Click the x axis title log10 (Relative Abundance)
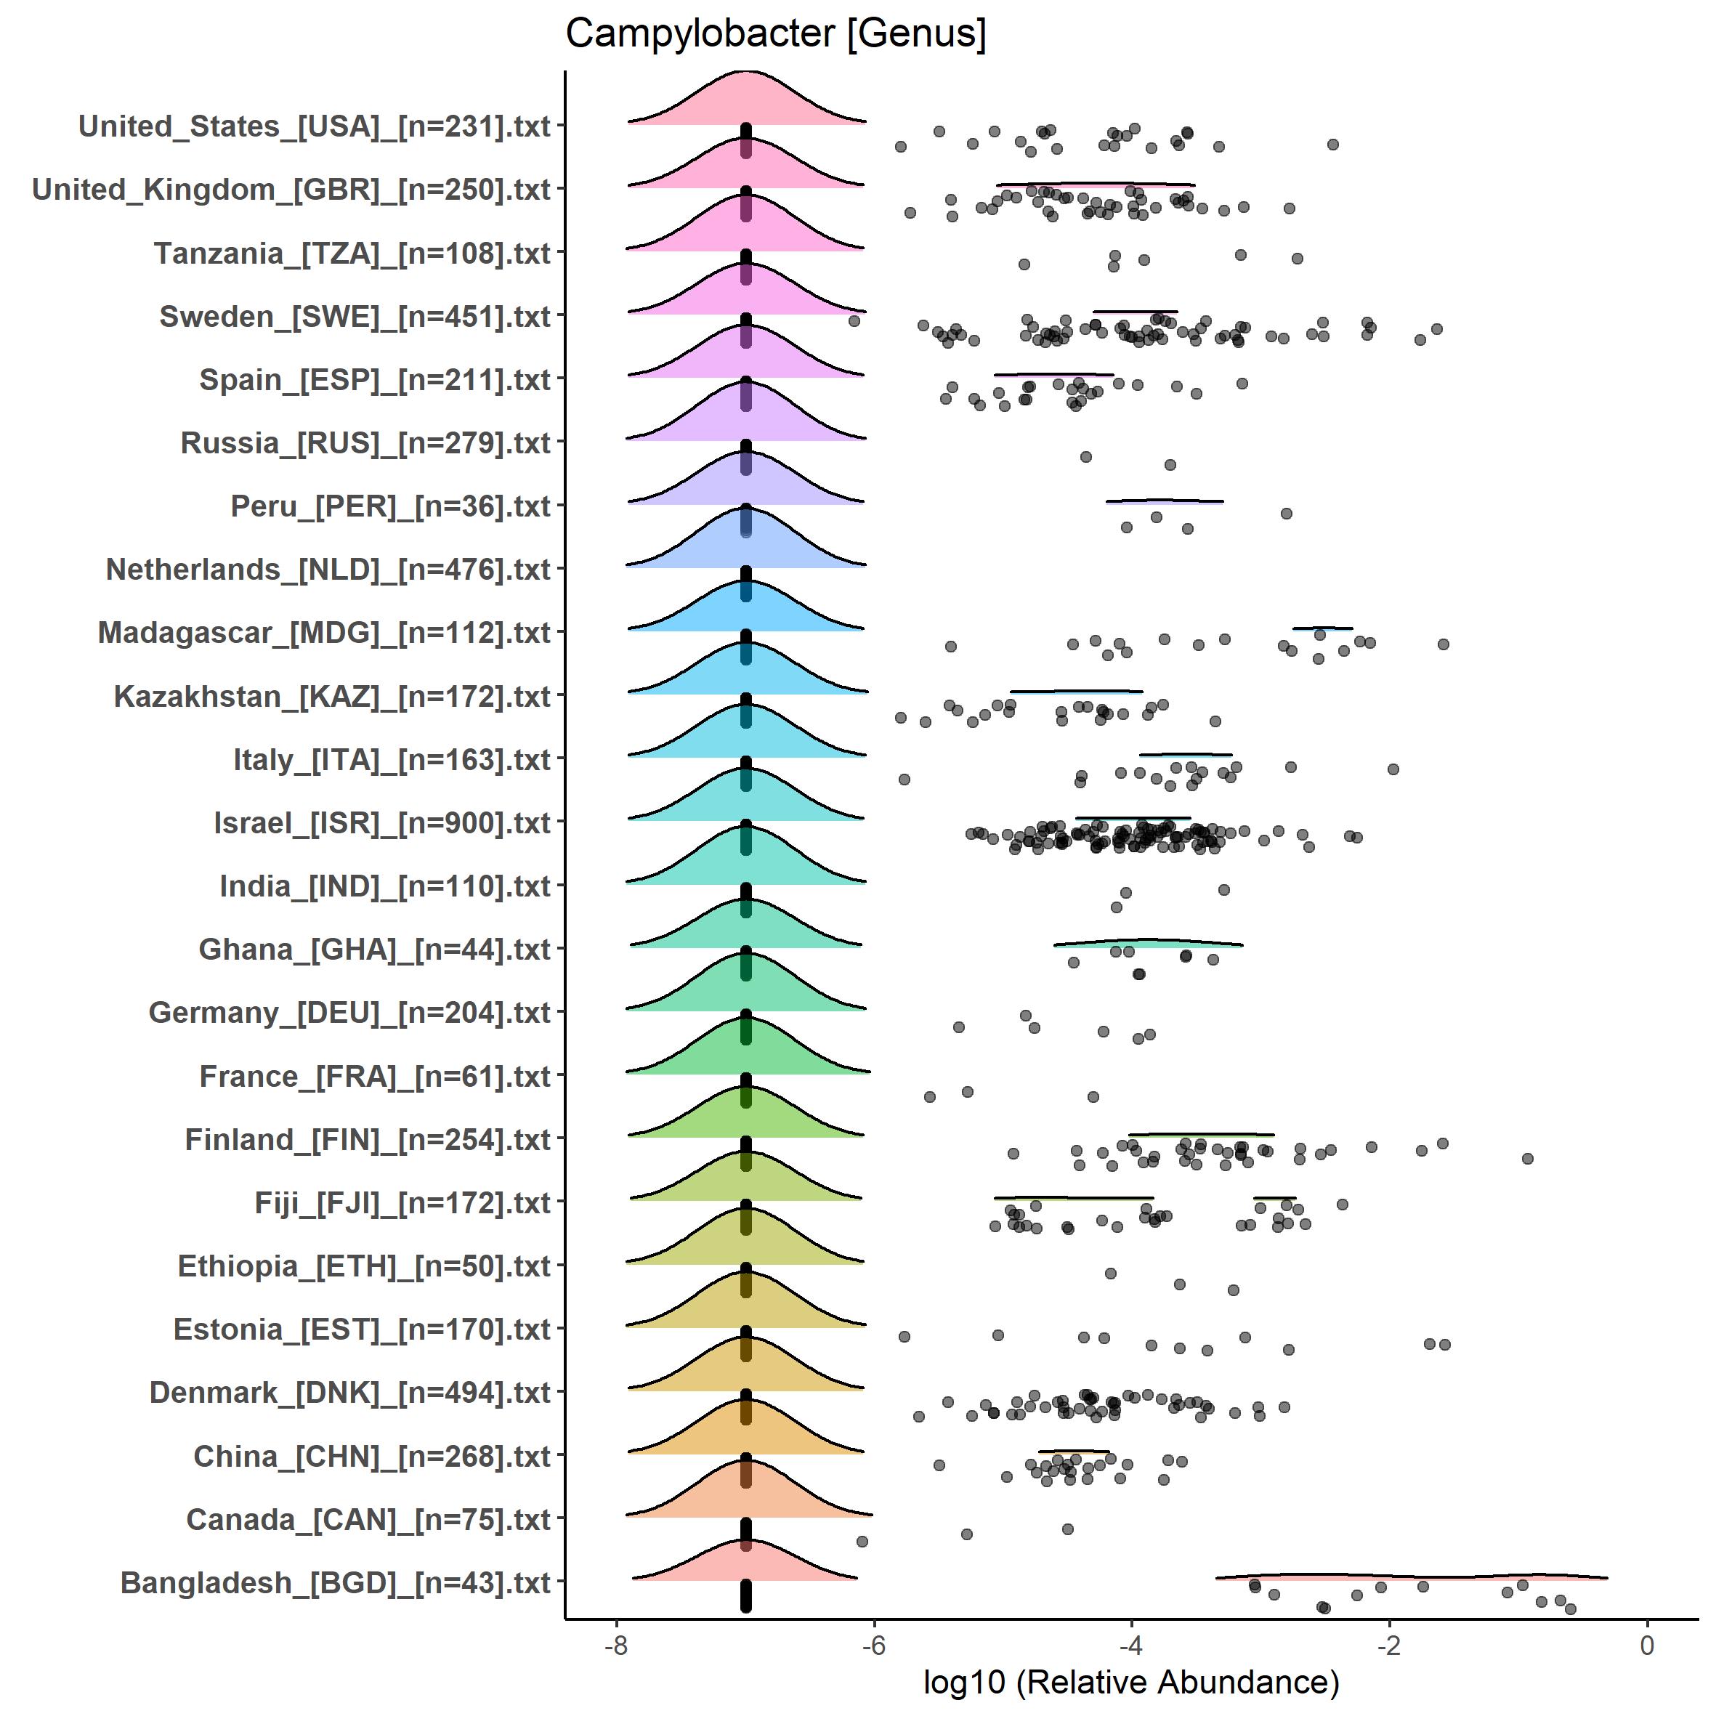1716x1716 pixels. click(1130, 1681)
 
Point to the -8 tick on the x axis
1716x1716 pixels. click(615, 1645)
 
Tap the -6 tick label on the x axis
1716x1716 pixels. click(874, 1645)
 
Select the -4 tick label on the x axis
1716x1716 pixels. click(1132, 1645)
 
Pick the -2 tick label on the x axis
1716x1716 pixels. click(1389, 1645)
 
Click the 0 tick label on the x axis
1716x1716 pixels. click(1648, 1645)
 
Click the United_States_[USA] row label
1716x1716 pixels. click(315, 127)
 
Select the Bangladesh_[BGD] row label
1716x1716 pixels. click(336, 1583)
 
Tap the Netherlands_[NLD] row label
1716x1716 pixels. click(328, 570)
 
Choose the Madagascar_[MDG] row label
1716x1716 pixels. click(324, 632)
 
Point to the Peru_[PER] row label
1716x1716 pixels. click(391, 506)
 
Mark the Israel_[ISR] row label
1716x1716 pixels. click(382, 822)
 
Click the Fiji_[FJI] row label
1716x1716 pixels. click(402, 1202)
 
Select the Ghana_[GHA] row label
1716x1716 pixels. click(375, 950)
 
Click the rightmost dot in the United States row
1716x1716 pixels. click(1332, 144)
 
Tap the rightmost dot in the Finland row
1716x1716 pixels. click(1528, 1158)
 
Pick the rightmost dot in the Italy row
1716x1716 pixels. click(1393, 769)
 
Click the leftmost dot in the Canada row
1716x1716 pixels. click(862, 1541)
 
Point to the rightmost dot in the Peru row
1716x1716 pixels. click(1286, 514)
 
